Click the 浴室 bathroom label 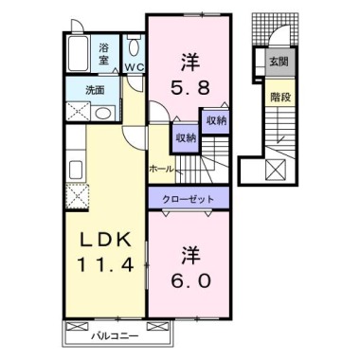coord(103,51)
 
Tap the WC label coord(133,67)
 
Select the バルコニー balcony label coord(116,334)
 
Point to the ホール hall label coord(160,169)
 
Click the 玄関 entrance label coord(279,62)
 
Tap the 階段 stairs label coord(279,96)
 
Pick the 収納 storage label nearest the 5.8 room coord(214,121)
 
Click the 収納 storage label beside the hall coord(184,137)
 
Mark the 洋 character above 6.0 coord(189,255)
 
